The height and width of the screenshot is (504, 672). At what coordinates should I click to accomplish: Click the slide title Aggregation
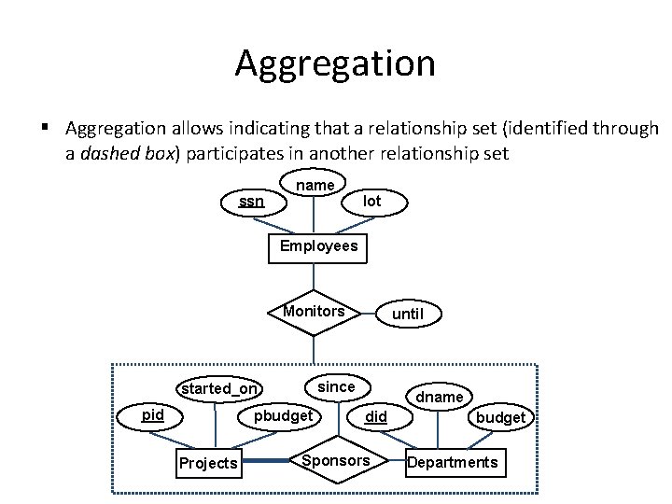[x=335, y=63]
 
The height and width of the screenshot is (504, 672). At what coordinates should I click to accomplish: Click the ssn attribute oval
[x=250, y=201]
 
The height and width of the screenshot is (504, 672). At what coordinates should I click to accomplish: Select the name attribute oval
[x=315, y=185]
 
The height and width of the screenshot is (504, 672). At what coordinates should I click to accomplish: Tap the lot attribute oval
[x=371, y=201]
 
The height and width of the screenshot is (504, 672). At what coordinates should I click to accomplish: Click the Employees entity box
[x=317, y=246]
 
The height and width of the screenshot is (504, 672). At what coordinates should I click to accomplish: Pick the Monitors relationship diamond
[x=315, y=312]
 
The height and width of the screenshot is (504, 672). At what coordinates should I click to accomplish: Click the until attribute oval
[x=407, y=314]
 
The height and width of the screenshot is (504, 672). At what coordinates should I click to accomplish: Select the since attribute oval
[x=336, y=386]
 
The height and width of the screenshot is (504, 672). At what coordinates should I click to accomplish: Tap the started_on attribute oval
[x=219, y=389]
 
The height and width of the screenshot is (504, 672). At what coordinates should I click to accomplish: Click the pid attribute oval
[x=153, y=414]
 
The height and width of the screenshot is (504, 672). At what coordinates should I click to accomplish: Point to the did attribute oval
[x=375, y=416]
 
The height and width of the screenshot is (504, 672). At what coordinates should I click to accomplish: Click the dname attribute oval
[x=440, y=397]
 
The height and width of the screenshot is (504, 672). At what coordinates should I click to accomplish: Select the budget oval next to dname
[x=500, y=417]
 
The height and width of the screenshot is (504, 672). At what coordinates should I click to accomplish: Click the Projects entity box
[x=208, y=463]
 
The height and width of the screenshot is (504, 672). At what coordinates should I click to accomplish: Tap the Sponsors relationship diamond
[x=337, y=461]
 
